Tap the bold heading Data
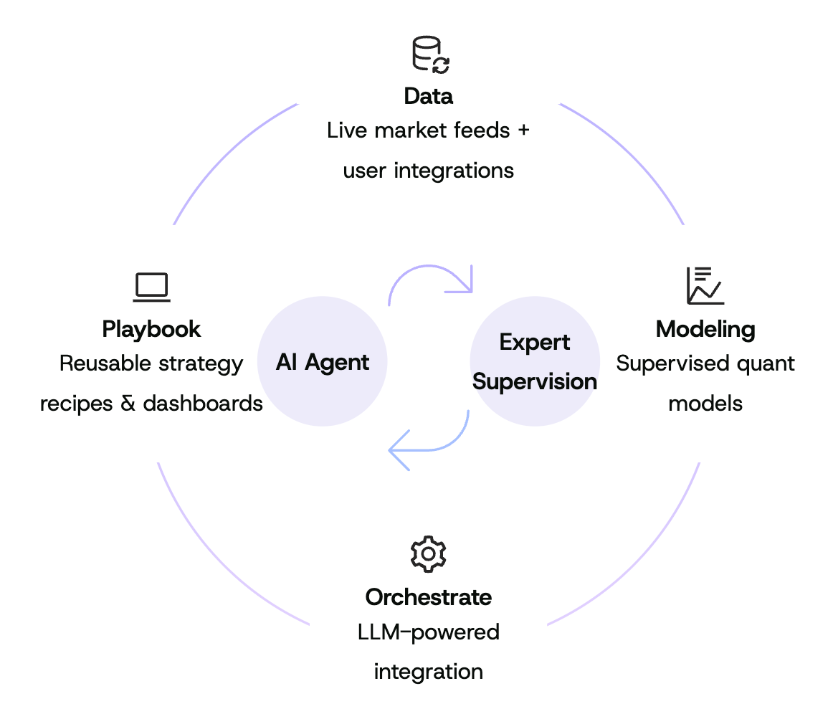coord(429,96)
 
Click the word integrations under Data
coord(454,171)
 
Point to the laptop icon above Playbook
coord(151,287)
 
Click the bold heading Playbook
coord(151,329)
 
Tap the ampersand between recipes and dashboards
coord(128,403)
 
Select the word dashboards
coord(203,403)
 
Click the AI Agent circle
coord(322,362)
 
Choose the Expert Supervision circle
coord(535,362)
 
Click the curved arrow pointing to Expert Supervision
coord(431,280)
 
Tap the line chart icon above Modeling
coord(705,285)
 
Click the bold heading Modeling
coord(705,329)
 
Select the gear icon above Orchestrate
coord(428,554)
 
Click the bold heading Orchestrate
coord(428,596)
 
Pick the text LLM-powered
coord(428,632)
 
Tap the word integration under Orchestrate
coord(428,672)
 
